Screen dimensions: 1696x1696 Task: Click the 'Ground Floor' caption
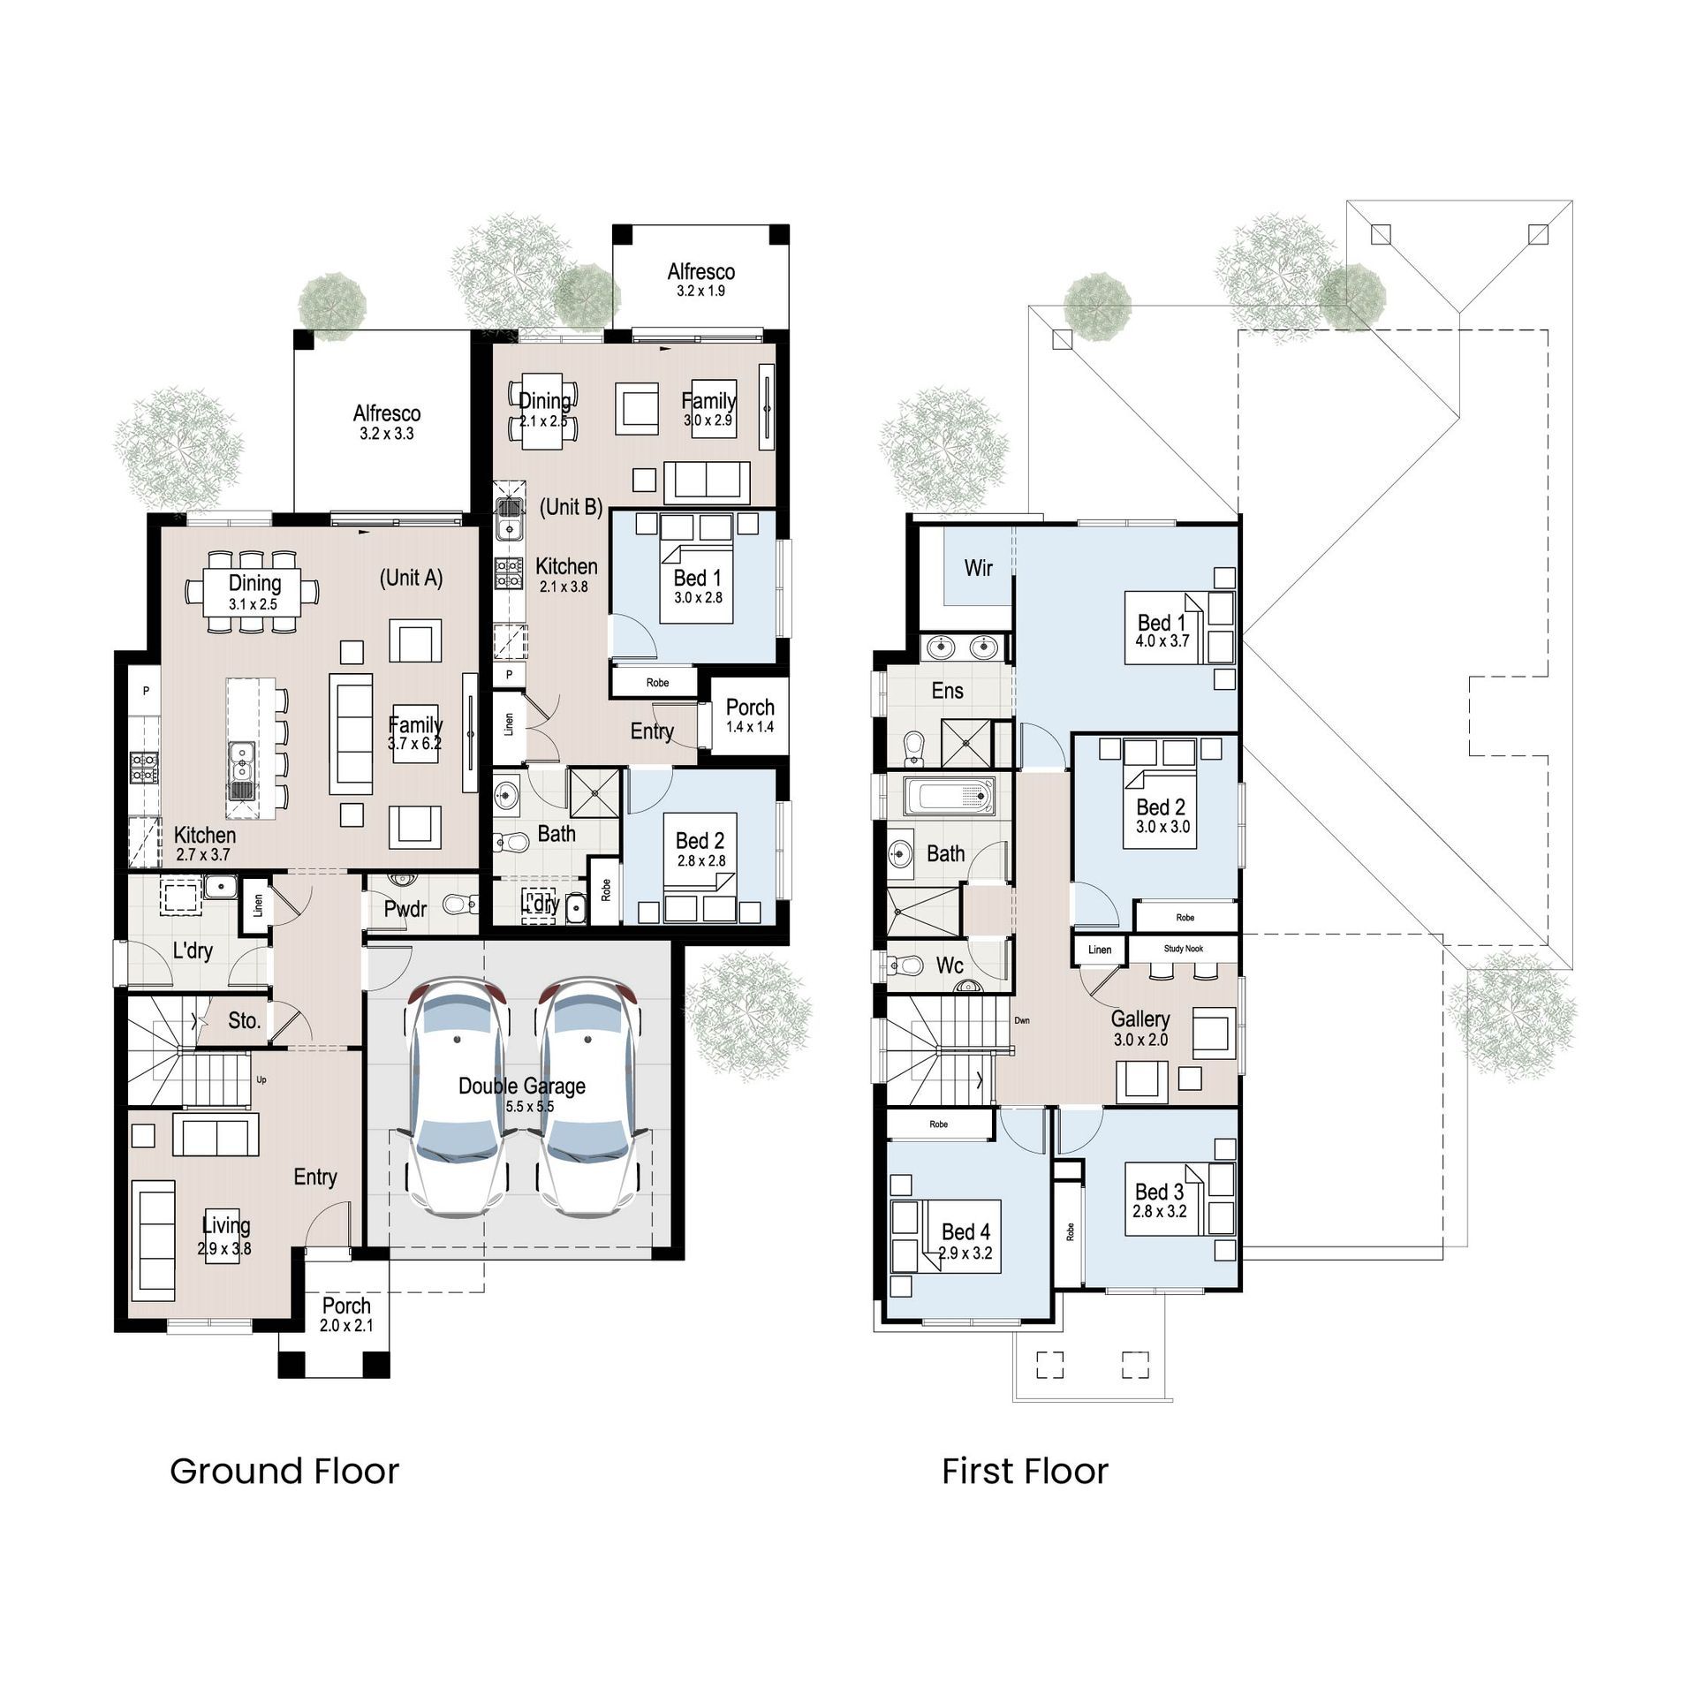click(x=284, y=1472)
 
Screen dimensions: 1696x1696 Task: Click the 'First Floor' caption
click(x=1025, y=1472)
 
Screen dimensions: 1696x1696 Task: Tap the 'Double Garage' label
click(x=521, y=1086)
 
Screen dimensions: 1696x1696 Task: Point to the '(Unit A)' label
click(x=411, y=578)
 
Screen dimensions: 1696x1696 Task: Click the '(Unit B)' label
click(x=572, y=507)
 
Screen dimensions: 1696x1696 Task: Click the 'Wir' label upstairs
click(x=978, y=568)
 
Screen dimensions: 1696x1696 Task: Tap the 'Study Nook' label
click(x=1183, y=949)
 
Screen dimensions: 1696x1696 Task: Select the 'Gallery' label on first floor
click(x=1139, y=1019)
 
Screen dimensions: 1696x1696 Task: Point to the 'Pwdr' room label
click(x=405, y=908)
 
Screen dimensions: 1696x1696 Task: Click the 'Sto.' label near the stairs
click(x=244, y=1021)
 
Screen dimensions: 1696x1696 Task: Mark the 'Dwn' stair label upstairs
click(x=1022, y=1020)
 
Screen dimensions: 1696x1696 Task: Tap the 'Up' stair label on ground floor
click(x=261, y=1079)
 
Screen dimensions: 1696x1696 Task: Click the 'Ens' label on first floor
click(x=947, y=691)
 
